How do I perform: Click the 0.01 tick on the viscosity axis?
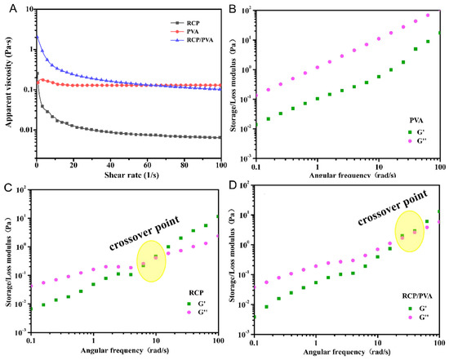[24, 131]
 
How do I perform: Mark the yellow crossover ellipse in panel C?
[150, 261]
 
